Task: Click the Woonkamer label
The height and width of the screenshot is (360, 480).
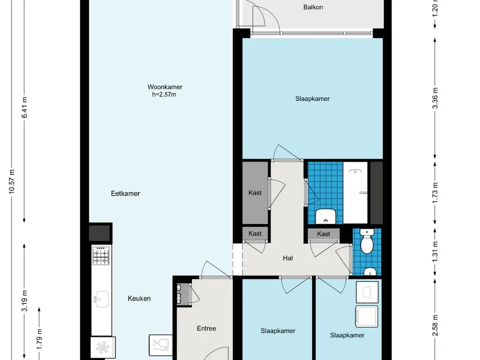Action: click(x=165, y=87)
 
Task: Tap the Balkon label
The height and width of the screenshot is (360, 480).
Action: click(x=313, y=7)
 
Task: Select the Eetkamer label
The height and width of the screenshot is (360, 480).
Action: click(x=126, y=194)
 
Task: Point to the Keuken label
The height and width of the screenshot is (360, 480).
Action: click(x=139, y=299)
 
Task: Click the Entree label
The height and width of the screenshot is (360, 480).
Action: click(x=206, y=329)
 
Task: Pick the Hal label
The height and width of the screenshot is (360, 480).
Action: click(x=288, y=258)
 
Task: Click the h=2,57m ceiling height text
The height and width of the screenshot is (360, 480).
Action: click(x=164, y=95)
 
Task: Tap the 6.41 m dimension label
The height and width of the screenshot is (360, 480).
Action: click(x=24, y=107)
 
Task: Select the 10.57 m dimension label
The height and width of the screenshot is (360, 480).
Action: click(x=12, y=181)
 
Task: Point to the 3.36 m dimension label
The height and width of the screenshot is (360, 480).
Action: click(x=435, y=98)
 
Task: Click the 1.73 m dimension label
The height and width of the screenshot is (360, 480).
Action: click(x=435, y=192)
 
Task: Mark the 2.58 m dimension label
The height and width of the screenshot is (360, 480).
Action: click(x=435, y=325)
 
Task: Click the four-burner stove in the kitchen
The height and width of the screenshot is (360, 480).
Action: click(x=101, y=256)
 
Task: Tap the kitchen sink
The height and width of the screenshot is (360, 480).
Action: click(x=101, y=299)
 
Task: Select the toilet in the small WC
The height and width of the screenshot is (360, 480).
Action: click(x=367, y=241)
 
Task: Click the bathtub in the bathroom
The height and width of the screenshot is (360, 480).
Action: click(x=355, y=193)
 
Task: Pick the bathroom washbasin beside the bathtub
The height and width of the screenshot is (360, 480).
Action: click(x=325, y=216)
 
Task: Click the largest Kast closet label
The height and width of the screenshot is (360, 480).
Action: click(x=255, y=193)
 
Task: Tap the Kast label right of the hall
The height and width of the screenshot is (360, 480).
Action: click(x=323, y=234)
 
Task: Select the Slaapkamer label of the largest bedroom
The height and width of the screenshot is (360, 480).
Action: click(x=312, y=98)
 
